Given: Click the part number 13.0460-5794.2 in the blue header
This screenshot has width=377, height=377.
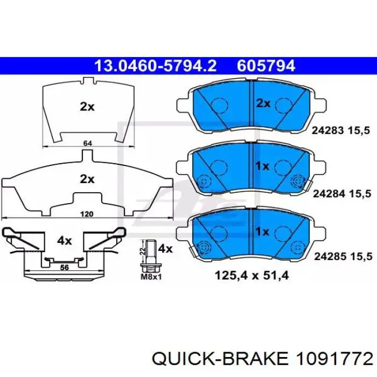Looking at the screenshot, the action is click(x=156, y=66).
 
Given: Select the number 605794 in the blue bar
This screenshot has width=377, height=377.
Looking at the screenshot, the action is click(x=266, y=66).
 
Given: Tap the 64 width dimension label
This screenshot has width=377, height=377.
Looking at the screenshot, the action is click(x=87, y=143).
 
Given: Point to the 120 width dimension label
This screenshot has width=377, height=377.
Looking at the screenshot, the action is click(x=87, y=214).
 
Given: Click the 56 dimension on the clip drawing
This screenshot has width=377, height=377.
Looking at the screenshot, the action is click(x=64, y=267).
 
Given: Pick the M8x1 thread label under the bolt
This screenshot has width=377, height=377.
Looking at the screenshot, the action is click(x=151, y=277).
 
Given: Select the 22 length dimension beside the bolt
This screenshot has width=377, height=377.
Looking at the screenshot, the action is click(x=142, y=252).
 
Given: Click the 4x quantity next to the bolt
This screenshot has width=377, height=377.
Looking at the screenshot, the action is click(x=165, y=249).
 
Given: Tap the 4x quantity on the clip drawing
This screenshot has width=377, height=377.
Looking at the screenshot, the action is click(x=64, y=240).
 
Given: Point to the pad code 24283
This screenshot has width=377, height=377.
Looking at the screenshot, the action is click(x=327, y=130).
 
